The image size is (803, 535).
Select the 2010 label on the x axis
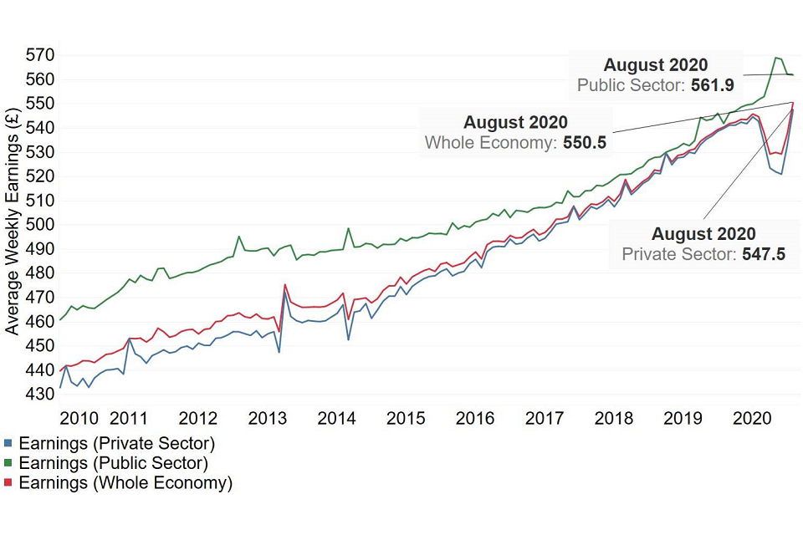(x=82, y=418)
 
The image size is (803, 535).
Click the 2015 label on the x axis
(x=405, y=418)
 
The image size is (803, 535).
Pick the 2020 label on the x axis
(x=750, y=418)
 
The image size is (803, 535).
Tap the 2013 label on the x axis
(x=268, y=418)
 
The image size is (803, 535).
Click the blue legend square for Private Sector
(x=9, y=443)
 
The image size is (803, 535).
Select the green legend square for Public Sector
(x=9, y=462)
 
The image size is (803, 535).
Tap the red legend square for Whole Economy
(x=9, y=482)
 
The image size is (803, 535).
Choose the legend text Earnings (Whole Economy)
(x=125, y=482)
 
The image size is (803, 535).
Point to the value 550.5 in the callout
(x=585, y=143)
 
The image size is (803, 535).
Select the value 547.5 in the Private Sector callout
(x=764, y=254)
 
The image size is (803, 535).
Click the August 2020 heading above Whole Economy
(x=515, y=123)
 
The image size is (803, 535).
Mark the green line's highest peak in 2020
(x=777, y=58)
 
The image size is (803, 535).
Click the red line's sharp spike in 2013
(x=285, y=284)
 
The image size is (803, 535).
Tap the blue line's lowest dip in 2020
(x=781, y=174)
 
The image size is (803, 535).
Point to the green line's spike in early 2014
(x=347, y=228)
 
